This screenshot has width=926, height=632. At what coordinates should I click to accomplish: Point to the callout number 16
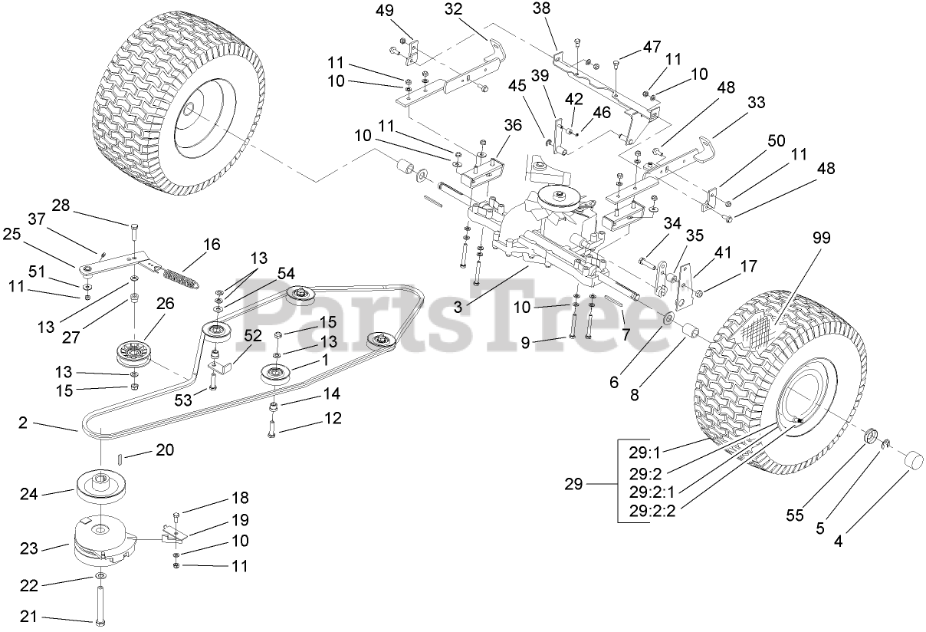coord(212,245)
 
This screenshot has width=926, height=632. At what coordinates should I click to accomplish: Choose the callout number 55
coord(795,516)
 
